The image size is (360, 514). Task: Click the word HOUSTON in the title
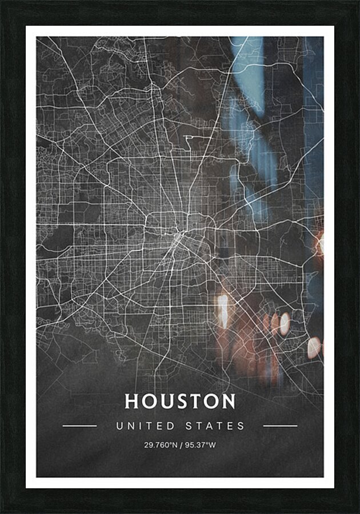pyautogui.click(x=180, y=401)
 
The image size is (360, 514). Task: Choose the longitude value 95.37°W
pyautogui.click(x=201, y=445)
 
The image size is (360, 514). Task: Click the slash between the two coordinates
pyautogui.click(x=181, y=445)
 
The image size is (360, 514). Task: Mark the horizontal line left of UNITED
pyautogui.click(x=79, y=425)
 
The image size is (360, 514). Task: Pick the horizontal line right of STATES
pyautogui.click(x=280, y=425)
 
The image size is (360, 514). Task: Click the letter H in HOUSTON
pyautogui.click(x=133, y=401)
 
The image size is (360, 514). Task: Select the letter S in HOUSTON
pyautogui.click(x=182, y=401)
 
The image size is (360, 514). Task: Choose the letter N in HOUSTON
pyautogui.click(x=228, y=401)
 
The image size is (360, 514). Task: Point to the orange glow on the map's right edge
pyautogui.click(x=319, y=244)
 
